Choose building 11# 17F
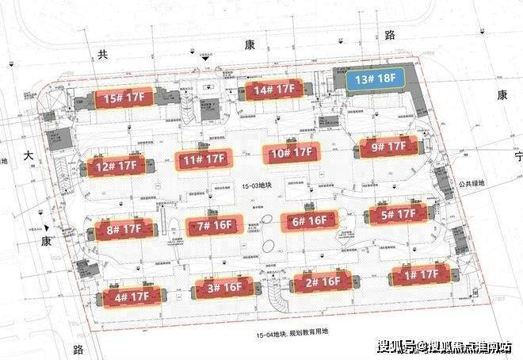tap(204, 160)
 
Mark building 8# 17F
tap(123, 231)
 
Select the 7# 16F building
tap(212, 226)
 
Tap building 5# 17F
tap(397, 214)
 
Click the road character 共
tap(101, 54)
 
